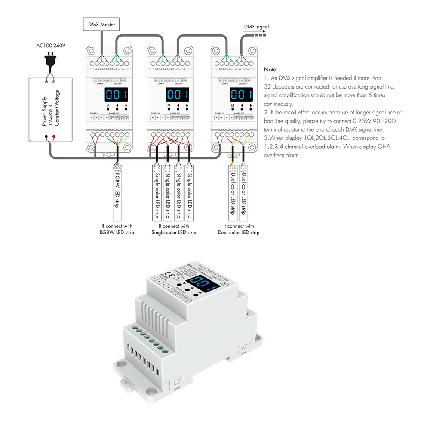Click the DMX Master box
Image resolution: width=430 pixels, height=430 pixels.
101,25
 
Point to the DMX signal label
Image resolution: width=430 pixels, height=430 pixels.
256,27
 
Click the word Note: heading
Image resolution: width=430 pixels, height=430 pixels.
271,69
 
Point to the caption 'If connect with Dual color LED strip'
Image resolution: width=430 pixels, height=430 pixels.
238,229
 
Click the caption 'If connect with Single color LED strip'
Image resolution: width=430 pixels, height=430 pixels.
174,229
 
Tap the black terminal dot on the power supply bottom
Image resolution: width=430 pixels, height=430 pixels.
46,138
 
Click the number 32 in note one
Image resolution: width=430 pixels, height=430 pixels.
268,86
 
